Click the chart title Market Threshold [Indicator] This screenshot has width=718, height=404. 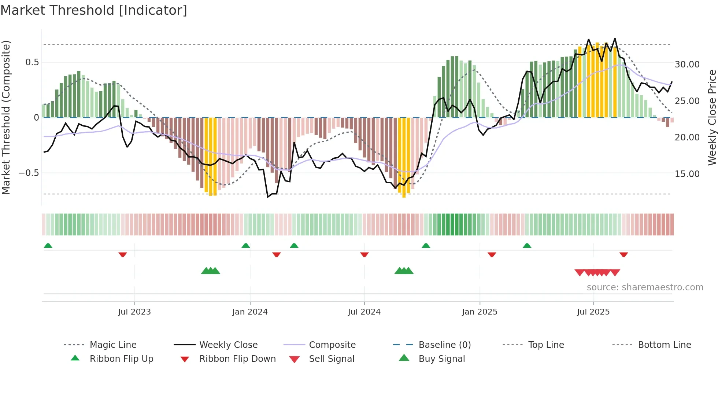(x=94, y=10)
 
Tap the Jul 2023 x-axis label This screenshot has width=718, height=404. (x=134, y=312)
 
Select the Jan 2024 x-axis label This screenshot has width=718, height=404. (x=250, y=312)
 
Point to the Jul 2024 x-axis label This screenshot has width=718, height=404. (x=364, y=312)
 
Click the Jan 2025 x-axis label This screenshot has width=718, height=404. (x=480, y=312)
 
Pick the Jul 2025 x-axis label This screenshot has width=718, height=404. (x=593, y=312)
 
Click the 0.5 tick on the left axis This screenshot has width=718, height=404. (x=32, y=62)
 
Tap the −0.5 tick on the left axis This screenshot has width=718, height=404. (x=29, y=173)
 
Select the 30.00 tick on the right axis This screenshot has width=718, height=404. (x=687, y=65)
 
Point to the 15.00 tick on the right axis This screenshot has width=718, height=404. (x=687, y=174)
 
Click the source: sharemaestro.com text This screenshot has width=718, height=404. (x=645, y=287)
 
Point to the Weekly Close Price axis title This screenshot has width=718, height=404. (x=712, y=117)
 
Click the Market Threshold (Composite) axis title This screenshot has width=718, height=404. (x=6, y=117)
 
